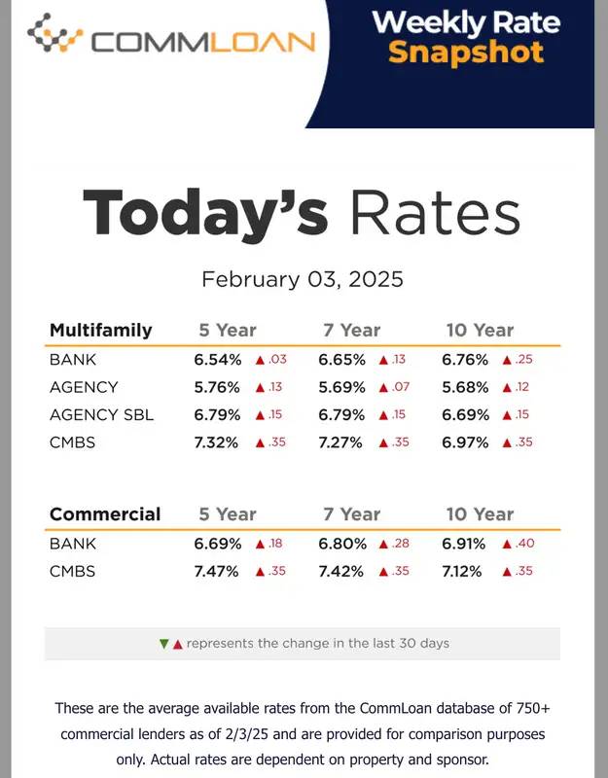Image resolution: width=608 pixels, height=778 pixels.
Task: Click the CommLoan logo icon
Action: pos(55,34)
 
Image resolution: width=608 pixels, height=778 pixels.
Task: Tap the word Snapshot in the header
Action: pos(465,51)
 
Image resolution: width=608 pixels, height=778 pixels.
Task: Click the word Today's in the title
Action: pos(204,213)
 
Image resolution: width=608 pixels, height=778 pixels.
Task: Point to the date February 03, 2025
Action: pos(302,280)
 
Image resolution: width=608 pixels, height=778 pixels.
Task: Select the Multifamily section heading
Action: pos(101,331)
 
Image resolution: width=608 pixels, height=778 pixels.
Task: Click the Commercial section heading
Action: pos(105,514)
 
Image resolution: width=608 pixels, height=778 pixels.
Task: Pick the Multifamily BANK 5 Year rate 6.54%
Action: pos(217,360)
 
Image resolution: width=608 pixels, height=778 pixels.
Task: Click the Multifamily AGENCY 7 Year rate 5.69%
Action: pos(341,387)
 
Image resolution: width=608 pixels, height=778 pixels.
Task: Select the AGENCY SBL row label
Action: pos(102,415)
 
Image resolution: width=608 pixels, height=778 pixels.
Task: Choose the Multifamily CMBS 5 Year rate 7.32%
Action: pos(217,442)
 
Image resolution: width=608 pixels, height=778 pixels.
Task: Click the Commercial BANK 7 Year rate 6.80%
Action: pos(342,544)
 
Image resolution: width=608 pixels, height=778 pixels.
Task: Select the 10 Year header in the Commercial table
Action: pos(480,514)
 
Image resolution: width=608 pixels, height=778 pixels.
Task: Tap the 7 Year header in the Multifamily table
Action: pos(351,331)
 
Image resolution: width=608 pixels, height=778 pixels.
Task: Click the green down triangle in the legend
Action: pos(163,644)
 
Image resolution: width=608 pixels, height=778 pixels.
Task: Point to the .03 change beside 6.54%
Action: pos(278,360)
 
